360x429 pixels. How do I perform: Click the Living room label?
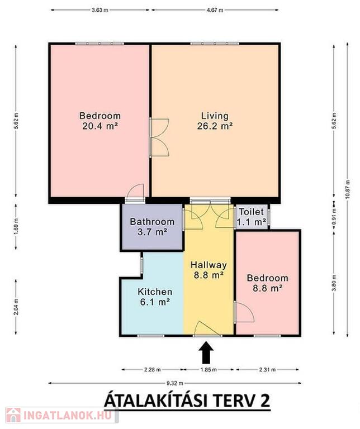(215, 116)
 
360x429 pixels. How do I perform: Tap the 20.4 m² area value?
(100, 126)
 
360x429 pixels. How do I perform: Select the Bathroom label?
(152, 221)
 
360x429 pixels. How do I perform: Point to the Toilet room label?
(252, 212)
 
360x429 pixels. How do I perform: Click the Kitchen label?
(155, 292)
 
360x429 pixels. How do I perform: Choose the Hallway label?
(209, 265)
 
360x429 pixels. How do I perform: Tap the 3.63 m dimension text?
(100, 10)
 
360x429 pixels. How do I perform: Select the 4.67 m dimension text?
(215, 10)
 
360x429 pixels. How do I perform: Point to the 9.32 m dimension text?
(174, 383)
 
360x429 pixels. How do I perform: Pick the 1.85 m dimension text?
(209, 370)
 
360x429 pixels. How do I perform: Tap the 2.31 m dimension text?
(267, 370)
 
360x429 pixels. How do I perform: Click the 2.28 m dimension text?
(153, 370)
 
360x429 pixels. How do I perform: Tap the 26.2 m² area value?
(215, 126)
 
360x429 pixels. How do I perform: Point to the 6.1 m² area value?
(155, 302)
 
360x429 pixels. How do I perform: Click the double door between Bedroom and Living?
(159, 137)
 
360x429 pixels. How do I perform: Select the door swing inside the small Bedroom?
(244, 312)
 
